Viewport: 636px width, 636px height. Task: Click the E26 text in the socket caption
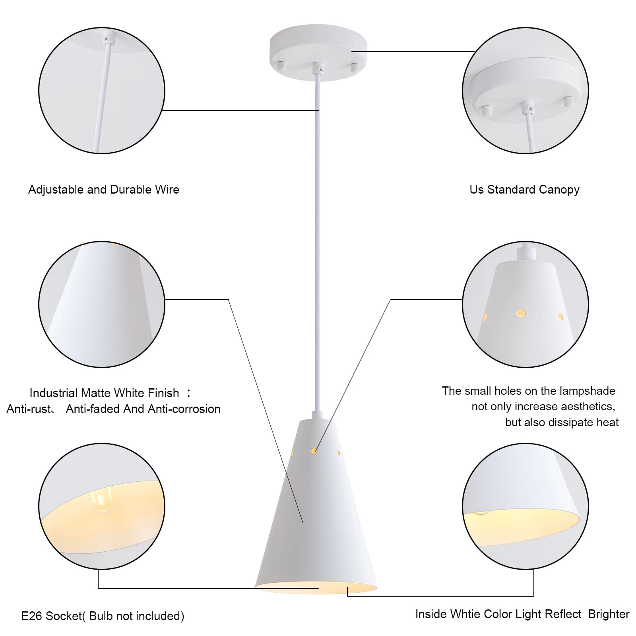pyautogui.click(x=31, y=616)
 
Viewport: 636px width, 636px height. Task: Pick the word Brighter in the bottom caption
pyautogui.click(x=609, y=614)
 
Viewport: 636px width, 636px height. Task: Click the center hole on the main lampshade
pyautogui.click(x=314, y=451)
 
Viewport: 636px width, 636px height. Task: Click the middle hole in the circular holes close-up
pyautogui.click(x=521, y=313)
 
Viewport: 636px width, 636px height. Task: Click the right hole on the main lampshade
pyautogui.click(x=339, y=453)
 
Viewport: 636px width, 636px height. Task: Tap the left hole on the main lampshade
pyautogui.click(x=293, y=453)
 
